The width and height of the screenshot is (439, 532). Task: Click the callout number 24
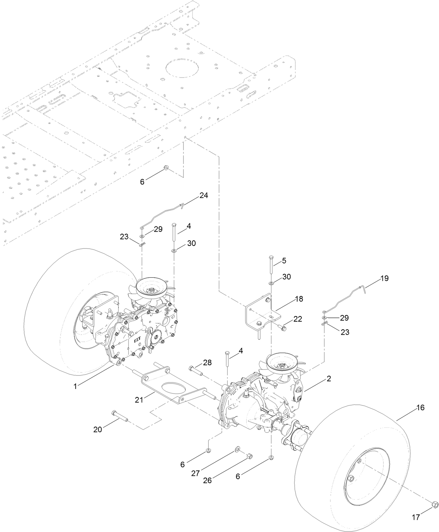click(204, 195)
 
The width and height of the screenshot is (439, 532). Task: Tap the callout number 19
click(384, 278)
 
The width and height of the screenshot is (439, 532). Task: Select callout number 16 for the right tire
click(421, 407)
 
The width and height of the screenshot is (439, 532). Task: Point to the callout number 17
click(416, 517)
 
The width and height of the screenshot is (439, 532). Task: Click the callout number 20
click(98, 429)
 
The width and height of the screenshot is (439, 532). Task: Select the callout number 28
click(207, 363)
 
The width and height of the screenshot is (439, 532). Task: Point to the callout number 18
click(299, 299)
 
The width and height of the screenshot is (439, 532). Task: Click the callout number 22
click(298, 319)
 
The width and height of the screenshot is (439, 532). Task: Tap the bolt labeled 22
click(282, 328)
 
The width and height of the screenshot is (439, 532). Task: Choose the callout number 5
click(284, 260)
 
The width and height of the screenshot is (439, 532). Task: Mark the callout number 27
click(195, 473)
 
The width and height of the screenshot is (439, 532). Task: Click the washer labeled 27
click(238, 448)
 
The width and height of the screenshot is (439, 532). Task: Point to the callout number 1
click(75, 386)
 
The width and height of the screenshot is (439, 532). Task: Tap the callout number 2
click(329, 379)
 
